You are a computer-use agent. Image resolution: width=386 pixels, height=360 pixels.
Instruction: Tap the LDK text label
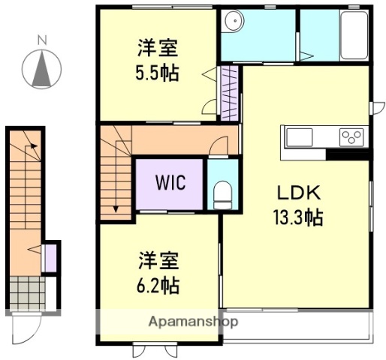point(297,190)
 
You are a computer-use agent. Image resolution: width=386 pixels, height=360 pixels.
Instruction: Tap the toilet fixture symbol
point(222,196)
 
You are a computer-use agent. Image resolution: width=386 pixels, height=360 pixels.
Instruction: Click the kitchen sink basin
point(298,136)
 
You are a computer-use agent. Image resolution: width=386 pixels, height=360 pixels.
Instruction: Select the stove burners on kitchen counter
point(351,136)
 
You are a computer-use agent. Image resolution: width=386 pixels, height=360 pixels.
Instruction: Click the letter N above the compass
point(43,39)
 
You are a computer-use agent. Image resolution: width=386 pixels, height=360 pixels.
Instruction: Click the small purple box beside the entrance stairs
point(50,257)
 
